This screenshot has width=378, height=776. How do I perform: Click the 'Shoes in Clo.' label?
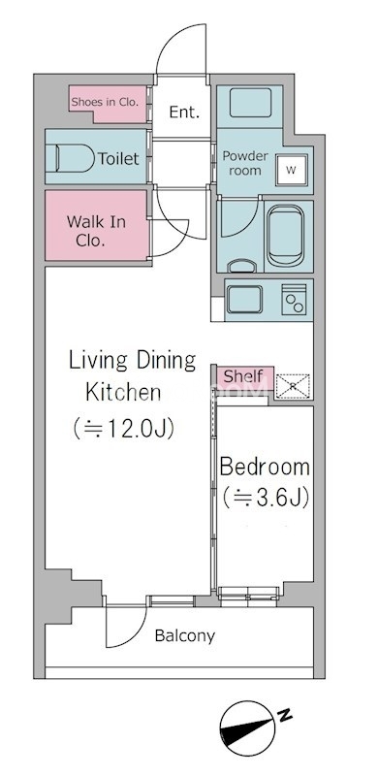click(105, 103)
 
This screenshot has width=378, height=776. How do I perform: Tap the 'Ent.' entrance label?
click(184, 113)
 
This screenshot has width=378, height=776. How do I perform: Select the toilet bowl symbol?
click(75, 158)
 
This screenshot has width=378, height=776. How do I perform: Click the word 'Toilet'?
click(118, 158)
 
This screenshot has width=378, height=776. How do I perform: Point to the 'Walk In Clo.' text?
click(96, 231)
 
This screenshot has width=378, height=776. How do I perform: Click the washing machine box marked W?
click(292, 171)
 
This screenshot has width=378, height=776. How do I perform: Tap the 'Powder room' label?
click(245, 163)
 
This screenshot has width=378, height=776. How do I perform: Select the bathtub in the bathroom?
click(285, 236)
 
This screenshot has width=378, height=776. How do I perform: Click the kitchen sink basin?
click(244, 300)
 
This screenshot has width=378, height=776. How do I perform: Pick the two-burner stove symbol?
click(294, 300)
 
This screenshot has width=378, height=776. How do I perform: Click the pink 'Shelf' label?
click(243, 376)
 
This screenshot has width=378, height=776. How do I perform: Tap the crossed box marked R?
click(293, 386)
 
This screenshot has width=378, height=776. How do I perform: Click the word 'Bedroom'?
click(265, 467)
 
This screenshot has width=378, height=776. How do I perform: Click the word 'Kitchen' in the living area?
click(123, 392)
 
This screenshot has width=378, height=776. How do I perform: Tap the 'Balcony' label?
click(185, 636)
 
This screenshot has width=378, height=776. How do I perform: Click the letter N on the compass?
click(284, 715)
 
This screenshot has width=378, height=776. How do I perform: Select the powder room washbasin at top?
click(250, 103)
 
